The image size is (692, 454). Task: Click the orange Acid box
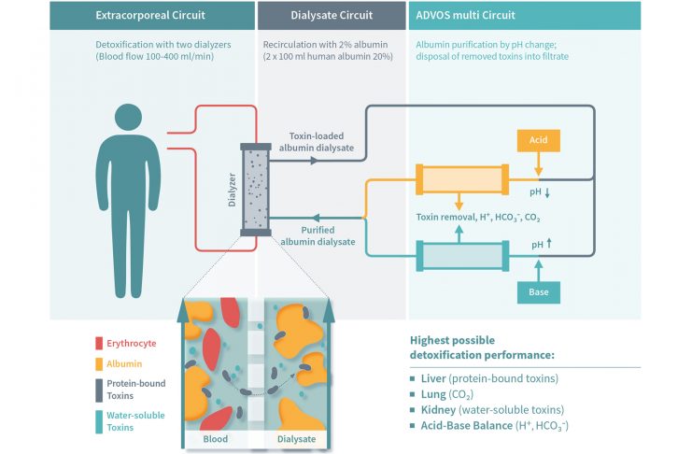click(x=539, y=140)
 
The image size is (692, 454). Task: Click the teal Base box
click(x=539, y=291)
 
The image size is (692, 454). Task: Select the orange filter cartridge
click(x=461, y=178)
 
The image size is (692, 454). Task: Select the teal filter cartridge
click(x=461, y=254)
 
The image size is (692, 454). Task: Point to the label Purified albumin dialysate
click(x=315, y=235)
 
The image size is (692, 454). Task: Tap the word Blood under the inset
click(x=217, y=439)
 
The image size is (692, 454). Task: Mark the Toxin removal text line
click(x=477, y=217)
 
